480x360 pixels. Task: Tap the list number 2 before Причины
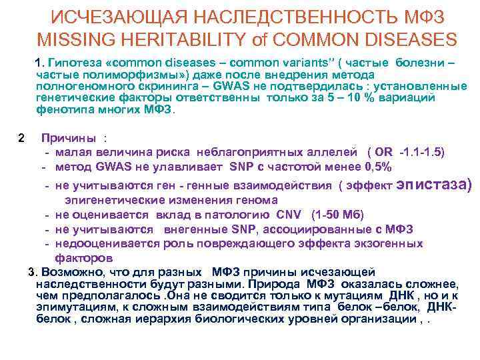pyautogui.click(x=22, y=139)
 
